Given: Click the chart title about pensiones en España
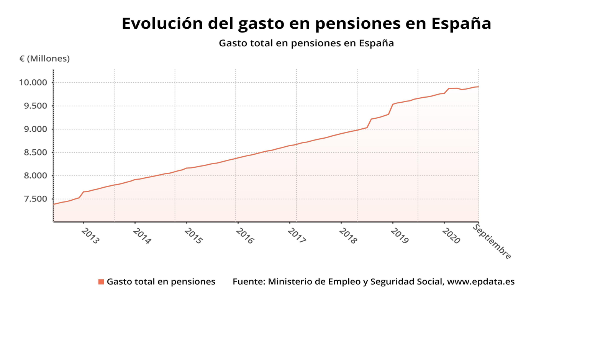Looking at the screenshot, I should pos(306,23).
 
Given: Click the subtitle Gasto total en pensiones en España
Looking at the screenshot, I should pos(306,43).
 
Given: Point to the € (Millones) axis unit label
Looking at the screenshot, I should pos(44,59).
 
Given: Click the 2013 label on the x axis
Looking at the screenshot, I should pos(90,236).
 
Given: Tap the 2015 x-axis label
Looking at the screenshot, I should pos(193,236).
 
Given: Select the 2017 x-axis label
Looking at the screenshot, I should pos(297,236).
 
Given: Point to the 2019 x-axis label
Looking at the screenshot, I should pos(400,236).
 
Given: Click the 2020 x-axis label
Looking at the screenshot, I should pos(451,236).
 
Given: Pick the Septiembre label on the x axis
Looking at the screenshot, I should pos(492,242).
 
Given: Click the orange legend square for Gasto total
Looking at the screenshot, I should pos(101,282).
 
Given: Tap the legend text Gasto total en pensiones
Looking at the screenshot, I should pos(161,282).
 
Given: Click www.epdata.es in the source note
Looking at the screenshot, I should pos(481,282).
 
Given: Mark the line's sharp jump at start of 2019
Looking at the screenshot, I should pos(391,109).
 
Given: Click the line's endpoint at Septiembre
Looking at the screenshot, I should pos(479,87).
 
